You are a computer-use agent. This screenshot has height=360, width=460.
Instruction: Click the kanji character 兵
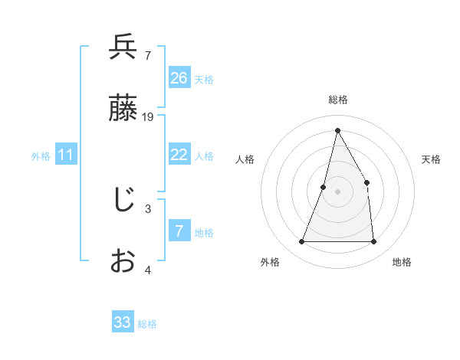pos(123,47)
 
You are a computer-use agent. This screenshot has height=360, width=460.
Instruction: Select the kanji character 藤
pos(123,110)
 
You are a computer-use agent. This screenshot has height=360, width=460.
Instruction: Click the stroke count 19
pos(148,117)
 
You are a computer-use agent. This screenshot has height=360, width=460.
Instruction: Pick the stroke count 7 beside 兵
pos(147,55)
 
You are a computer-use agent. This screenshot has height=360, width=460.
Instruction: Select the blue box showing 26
pos(179,78)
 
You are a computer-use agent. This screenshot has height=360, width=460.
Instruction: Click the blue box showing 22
pos(179,155)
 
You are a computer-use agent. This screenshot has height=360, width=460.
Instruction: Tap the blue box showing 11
pos(66,155)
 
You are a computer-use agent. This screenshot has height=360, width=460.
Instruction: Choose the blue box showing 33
pos(123,322)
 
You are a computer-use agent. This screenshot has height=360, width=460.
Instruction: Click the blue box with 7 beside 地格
pos(179,231)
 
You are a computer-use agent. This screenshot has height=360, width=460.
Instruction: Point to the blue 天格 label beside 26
pos(204,80)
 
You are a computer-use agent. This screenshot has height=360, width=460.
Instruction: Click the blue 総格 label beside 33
pos(147,324)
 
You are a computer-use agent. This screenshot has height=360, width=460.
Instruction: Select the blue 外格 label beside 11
pos(41,156)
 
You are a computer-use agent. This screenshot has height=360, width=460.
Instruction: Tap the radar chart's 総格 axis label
pos(337,100)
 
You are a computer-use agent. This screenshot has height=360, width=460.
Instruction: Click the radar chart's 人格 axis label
pos(245,159)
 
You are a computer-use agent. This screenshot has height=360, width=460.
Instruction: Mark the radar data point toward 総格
pos(337,130)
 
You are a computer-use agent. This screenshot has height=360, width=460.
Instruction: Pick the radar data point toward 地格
pos(373,242)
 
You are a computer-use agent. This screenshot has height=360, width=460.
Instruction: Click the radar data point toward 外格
pos(301,242)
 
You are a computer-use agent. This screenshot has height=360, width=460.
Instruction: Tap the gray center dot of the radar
pos(337,191)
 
